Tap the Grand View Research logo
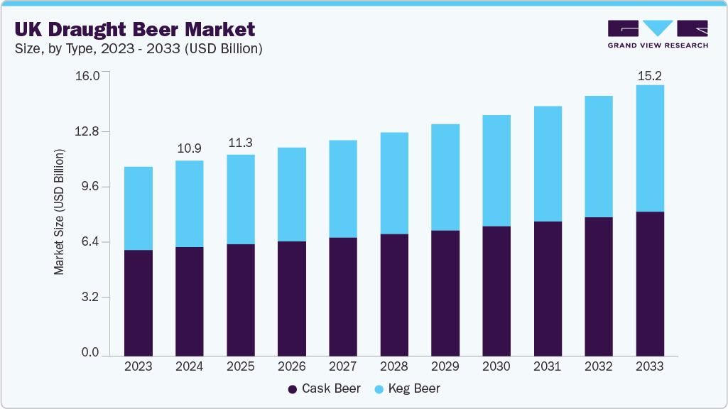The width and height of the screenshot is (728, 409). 657,34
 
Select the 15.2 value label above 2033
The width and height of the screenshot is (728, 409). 650,75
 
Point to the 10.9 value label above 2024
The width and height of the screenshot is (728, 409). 189,148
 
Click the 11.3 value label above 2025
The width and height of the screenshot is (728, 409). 241,143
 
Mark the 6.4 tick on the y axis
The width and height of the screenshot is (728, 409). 90,242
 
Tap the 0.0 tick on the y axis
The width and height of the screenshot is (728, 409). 90,353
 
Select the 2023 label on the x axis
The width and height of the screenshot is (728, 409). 138,367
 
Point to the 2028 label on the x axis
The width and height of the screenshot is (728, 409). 394,367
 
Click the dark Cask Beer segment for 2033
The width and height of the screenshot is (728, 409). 650,283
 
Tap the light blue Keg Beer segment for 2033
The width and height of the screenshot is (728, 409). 650,148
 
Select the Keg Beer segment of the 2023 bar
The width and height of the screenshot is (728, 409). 138,208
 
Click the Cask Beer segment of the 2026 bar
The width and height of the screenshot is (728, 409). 292,298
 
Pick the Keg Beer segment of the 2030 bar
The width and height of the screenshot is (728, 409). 496,170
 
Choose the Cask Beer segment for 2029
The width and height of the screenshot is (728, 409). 445,293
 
